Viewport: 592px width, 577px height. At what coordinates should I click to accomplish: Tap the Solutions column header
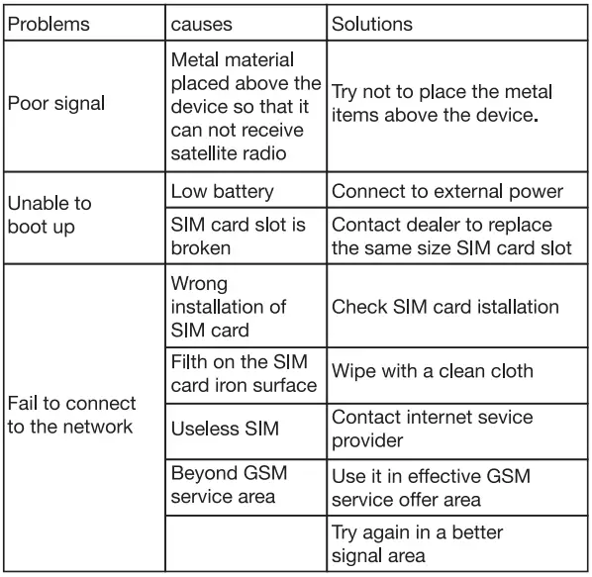pos(373,23)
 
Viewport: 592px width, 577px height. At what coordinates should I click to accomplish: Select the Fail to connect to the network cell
pos(71,415)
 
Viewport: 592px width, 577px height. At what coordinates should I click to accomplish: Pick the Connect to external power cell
pos(446,191)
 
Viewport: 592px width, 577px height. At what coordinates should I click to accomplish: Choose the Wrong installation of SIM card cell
pos(230,307)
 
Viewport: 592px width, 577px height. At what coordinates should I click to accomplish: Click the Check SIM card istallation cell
pos(444,307)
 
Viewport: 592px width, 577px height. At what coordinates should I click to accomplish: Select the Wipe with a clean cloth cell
pos(432,371)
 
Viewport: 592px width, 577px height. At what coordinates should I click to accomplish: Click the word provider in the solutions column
pos(366,438)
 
